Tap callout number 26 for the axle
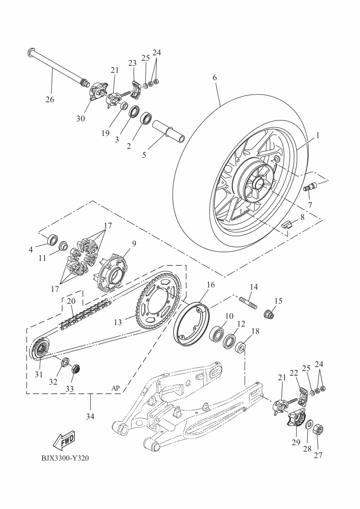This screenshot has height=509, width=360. [49, 100]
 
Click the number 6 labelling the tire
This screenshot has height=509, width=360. [214, 78]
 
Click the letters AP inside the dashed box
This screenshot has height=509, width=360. [115, 388]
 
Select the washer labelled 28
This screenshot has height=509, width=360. [307, 425]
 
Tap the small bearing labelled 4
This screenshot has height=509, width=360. [51, 239]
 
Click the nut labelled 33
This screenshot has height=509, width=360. [75, 370]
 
